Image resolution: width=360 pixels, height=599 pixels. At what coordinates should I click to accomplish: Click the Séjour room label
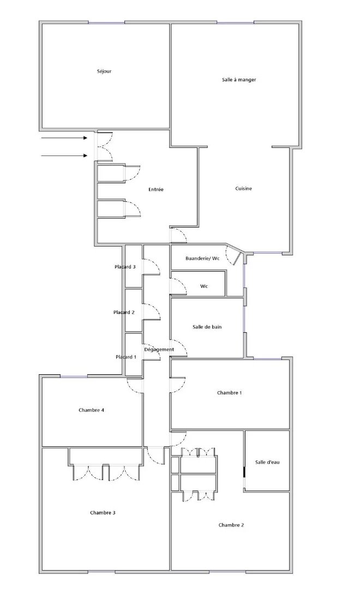tap(104, 71)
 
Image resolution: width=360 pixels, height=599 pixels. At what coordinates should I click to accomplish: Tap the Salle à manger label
tap(239, 80)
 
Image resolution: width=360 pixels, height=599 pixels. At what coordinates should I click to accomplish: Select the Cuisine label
tap(244, 188)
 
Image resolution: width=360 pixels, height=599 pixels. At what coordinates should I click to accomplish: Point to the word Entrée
tap(156, 189)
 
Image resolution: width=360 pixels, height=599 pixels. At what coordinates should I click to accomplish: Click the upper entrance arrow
tap(64, 138)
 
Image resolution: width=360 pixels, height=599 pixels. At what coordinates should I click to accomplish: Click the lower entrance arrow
tap(64, 155)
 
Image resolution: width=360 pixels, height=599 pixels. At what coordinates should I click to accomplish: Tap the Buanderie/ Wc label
tap(202, 259)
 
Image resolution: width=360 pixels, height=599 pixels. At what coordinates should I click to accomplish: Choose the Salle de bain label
tap(207, 327)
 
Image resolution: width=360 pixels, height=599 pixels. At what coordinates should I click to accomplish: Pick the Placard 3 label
tap(125, 267)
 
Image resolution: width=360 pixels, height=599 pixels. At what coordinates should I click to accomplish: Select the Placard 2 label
tap(124, 312)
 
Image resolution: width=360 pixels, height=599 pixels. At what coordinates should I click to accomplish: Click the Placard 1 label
tap(127, 357)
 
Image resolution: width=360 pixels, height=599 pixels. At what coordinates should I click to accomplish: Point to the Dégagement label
tap(159, 349)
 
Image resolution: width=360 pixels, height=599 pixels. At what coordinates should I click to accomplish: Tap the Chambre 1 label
tap(229, 393)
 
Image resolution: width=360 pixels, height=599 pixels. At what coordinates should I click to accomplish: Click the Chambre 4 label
tap(92, 410)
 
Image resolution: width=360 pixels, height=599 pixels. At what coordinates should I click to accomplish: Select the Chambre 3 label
tap(103, 513)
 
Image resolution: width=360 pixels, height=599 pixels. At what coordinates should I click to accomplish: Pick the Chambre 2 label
tap(231, 525)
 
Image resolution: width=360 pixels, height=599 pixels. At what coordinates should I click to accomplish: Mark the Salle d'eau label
tap(267, 462)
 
